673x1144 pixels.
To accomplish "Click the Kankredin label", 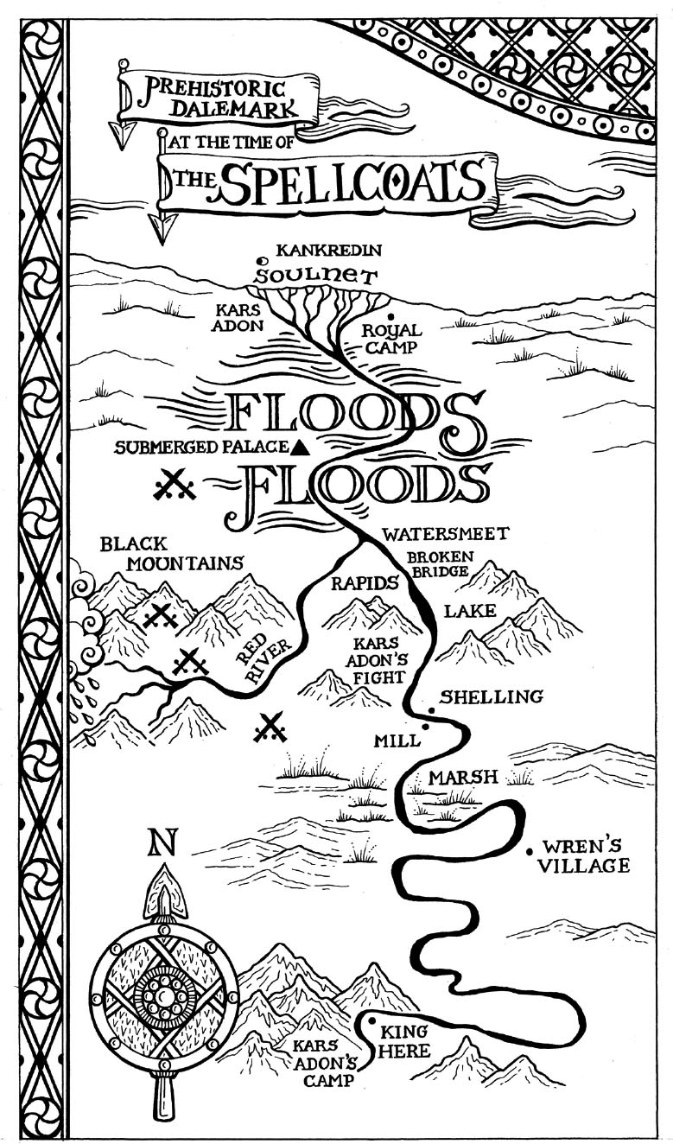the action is (x=329, y=251).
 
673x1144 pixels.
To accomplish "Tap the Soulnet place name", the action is (x=315, y=276).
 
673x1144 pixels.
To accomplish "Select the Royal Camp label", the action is (x=392, y=338).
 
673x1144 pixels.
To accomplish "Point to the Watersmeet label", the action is (x=446, y=534).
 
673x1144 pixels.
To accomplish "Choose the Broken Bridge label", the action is (x=440, y=563).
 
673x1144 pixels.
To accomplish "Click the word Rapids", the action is (x=365, y=582).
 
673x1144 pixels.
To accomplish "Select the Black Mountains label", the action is (x=172, y=554).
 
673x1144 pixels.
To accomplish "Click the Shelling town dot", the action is (x=432, y=710).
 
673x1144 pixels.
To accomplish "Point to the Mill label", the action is (x=397, y=740).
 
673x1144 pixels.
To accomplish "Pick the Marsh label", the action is (x=462, y=777).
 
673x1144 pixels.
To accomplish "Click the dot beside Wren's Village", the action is (x=530, y=851).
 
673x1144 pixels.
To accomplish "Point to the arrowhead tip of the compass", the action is (x=163, y=863).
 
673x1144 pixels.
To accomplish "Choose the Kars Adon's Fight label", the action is (x=377, y=660).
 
